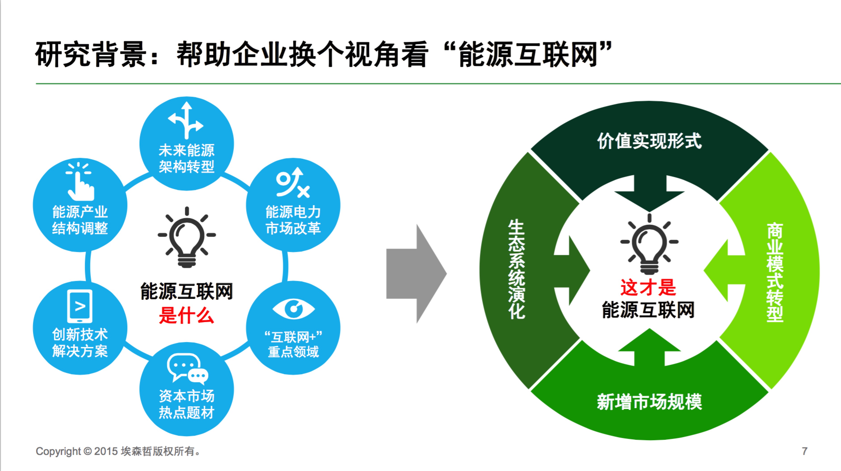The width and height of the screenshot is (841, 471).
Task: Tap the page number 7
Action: tap(804, 451)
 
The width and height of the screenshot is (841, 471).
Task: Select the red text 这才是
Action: tap(648, 287)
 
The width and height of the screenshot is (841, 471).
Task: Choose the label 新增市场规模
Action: tap(649, 402)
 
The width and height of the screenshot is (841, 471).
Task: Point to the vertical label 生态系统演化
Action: tap(517, 269)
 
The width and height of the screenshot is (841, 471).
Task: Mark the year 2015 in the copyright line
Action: tap(106, 451)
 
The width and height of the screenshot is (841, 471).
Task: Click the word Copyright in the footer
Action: tap(58, 451)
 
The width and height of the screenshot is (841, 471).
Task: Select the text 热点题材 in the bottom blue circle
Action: tap(186, 413)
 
